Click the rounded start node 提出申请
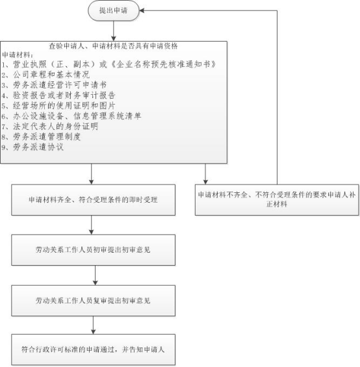114,10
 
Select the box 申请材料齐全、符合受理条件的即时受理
93,200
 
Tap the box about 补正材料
277,199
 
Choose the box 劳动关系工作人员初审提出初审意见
93,250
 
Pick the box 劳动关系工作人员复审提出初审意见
93,301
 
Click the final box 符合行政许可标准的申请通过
93,349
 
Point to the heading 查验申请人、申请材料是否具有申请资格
113,46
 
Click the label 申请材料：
18,55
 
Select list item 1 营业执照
109,64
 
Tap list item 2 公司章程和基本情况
45,75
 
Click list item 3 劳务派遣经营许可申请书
54,85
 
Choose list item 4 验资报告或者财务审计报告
58,95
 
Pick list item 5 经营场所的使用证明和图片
58,106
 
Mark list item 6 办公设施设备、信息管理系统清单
71,116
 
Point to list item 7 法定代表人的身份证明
50,127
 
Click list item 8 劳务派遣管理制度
41,136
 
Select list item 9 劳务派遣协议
32,147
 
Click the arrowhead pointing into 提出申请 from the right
142,10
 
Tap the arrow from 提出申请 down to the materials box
114,31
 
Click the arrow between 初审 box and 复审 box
95,275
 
